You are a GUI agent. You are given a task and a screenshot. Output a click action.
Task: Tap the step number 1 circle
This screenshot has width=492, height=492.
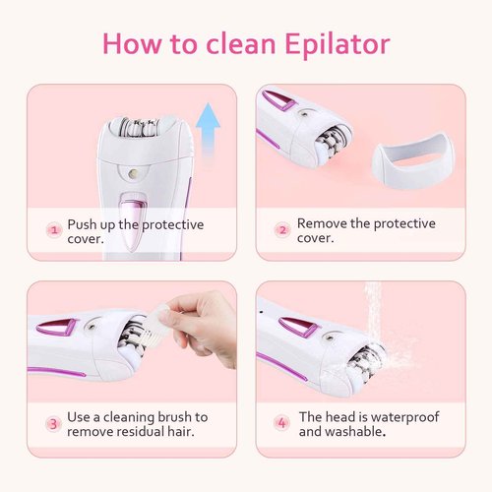[54, 231]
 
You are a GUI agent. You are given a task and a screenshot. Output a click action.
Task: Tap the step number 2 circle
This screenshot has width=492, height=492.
[282, 230]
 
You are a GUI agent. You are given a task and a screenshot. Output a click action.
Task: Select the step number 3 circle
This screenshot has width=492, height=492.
[54, 424]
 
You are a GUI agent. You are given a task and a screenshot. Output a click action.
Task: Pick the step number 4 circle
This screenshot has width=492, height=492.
[282, 424]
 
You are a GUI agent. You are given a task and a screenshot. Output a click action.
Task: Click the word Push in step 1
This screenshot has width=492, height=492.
[83, 224]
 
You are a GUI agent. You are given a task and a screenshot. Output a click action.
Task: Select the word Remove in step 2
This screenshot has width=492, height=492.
[323, 223]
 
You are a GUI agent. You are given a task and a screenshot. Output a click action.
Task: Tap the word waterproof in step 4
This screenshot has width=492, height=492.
[401, 417]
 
